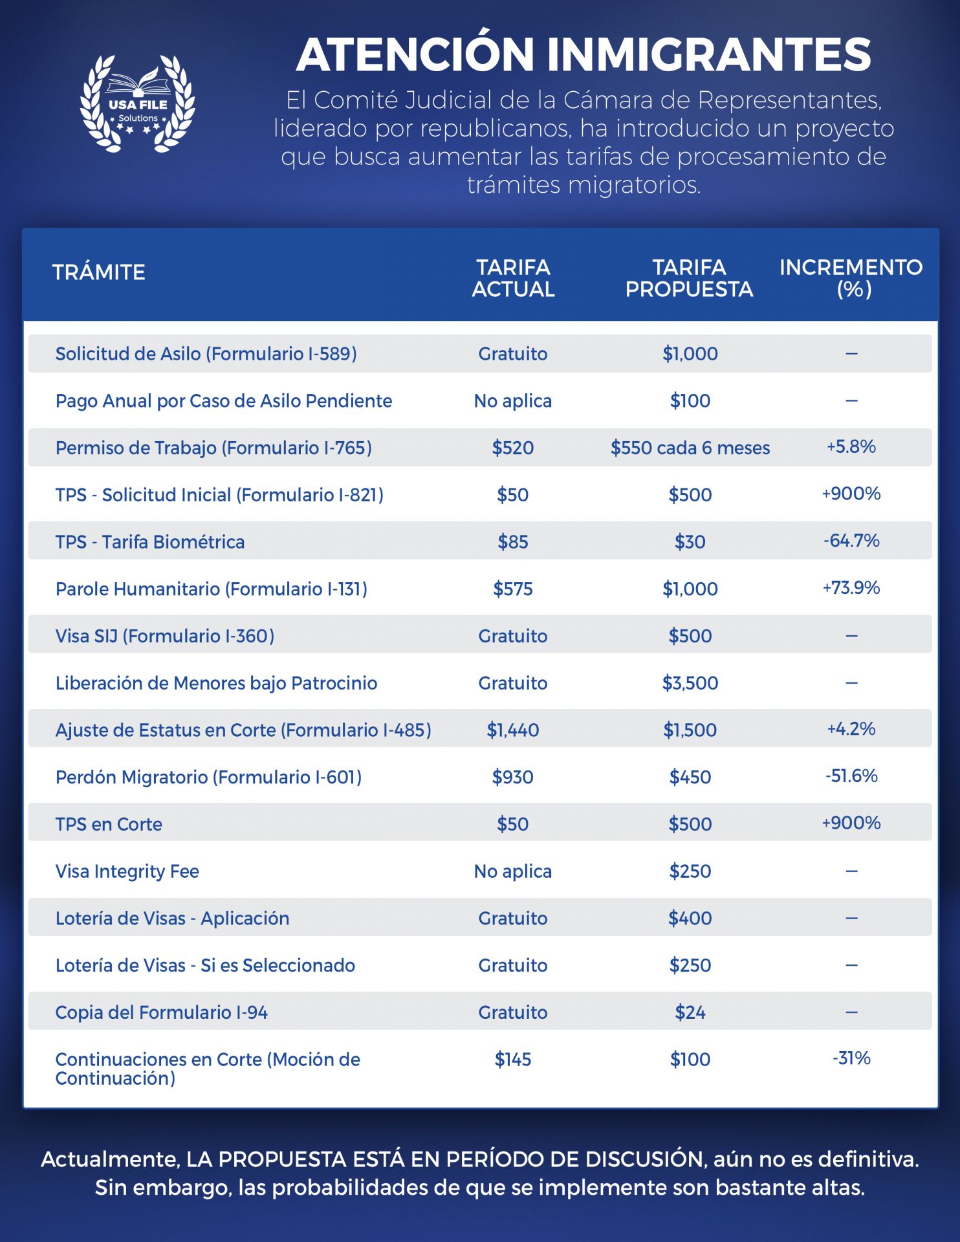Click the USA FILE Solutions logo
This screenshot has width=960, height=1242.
click(x=137, y=103)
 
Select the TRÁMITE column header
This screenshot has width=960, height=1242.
click(x=98, y=272)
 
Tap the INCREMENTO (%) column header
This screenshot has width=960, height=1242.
click(x=851, y=278)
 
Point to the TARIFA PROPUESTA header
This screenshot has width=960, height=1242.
click(x=690, y=278)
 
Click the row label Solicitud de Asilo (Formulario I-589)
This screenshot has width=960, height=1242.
click(x=206, y=354)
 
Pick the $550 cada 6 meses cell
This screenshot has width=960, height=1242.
click(x=690, y=448)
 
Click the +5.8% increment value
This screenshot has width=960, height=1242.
click(x=851, y=446)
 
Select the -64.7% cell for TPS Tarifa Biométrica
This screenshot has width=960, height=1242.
click(x=851, y=540)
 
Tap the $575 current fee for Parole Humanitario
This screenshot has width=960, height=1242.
click(x=513, y=589)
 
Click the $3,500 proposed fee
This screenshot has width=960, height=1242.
click(x=690, y=683)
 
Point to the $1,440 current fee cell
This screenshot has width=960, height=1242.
click(x=513, y=730)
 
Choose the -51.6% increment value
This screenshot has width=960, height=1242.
click(x=851, y=776)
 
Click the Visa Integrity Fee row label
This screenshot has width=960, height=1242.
click(x=127, y=871)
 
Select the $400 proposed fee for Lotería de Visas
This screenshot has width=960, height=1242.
click(x=690, y=919)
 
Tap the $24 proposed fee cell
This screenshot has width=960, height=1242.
click(x=690, y=1012)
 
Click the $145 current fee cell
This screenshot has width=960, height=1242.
click(x=513, y=1060)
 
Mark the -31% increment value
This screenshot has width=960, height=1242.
click(x=851, y=1058)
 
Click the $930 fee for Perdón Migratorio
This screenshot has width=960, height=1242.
click(x=513, y=777)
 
